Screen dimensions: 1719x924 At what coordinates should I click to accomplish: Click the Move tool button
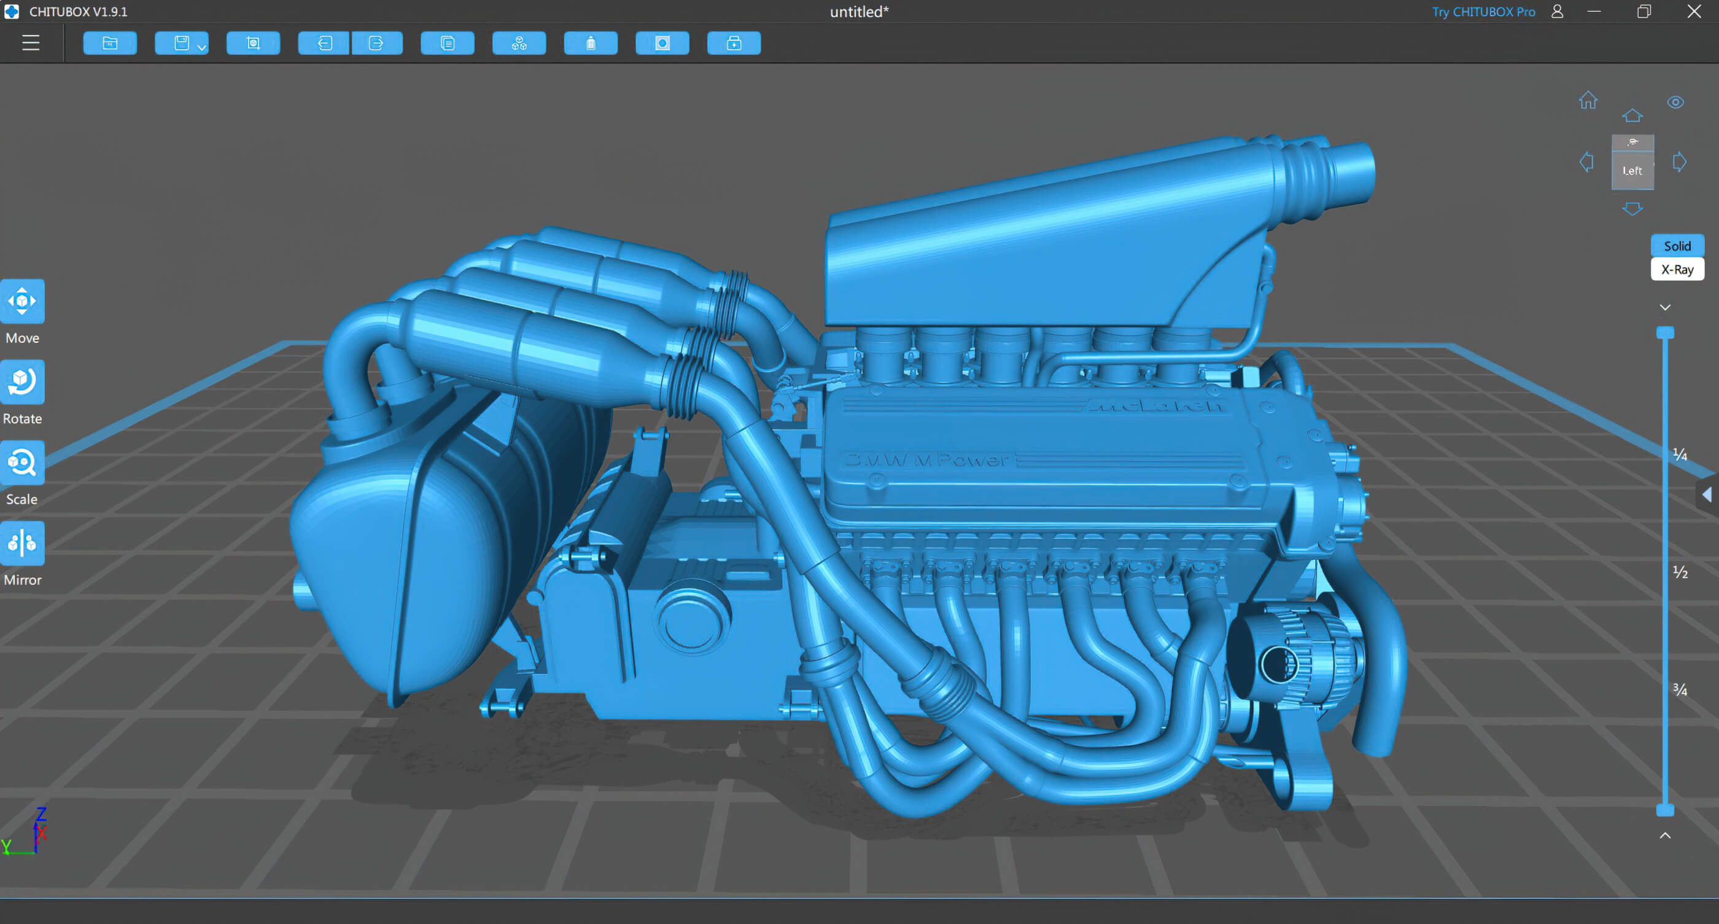(22, 301)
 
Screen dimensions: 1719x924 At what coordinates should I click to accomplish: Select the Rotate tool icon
(22, 382)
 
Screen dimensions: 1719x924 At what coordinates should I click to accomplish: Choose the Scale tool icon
(22, 463)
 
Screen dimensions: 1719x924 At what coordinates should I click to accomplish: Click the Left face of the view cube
(1632, 170)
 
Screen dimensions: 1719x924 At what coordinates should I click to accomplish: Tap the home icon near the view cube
(1588, 101)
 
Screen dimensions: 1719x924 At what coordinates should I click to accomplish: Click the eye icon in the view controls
(1675, 102)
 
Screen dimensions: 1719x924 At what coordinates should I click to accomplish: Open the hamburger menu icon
(31, 44)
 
